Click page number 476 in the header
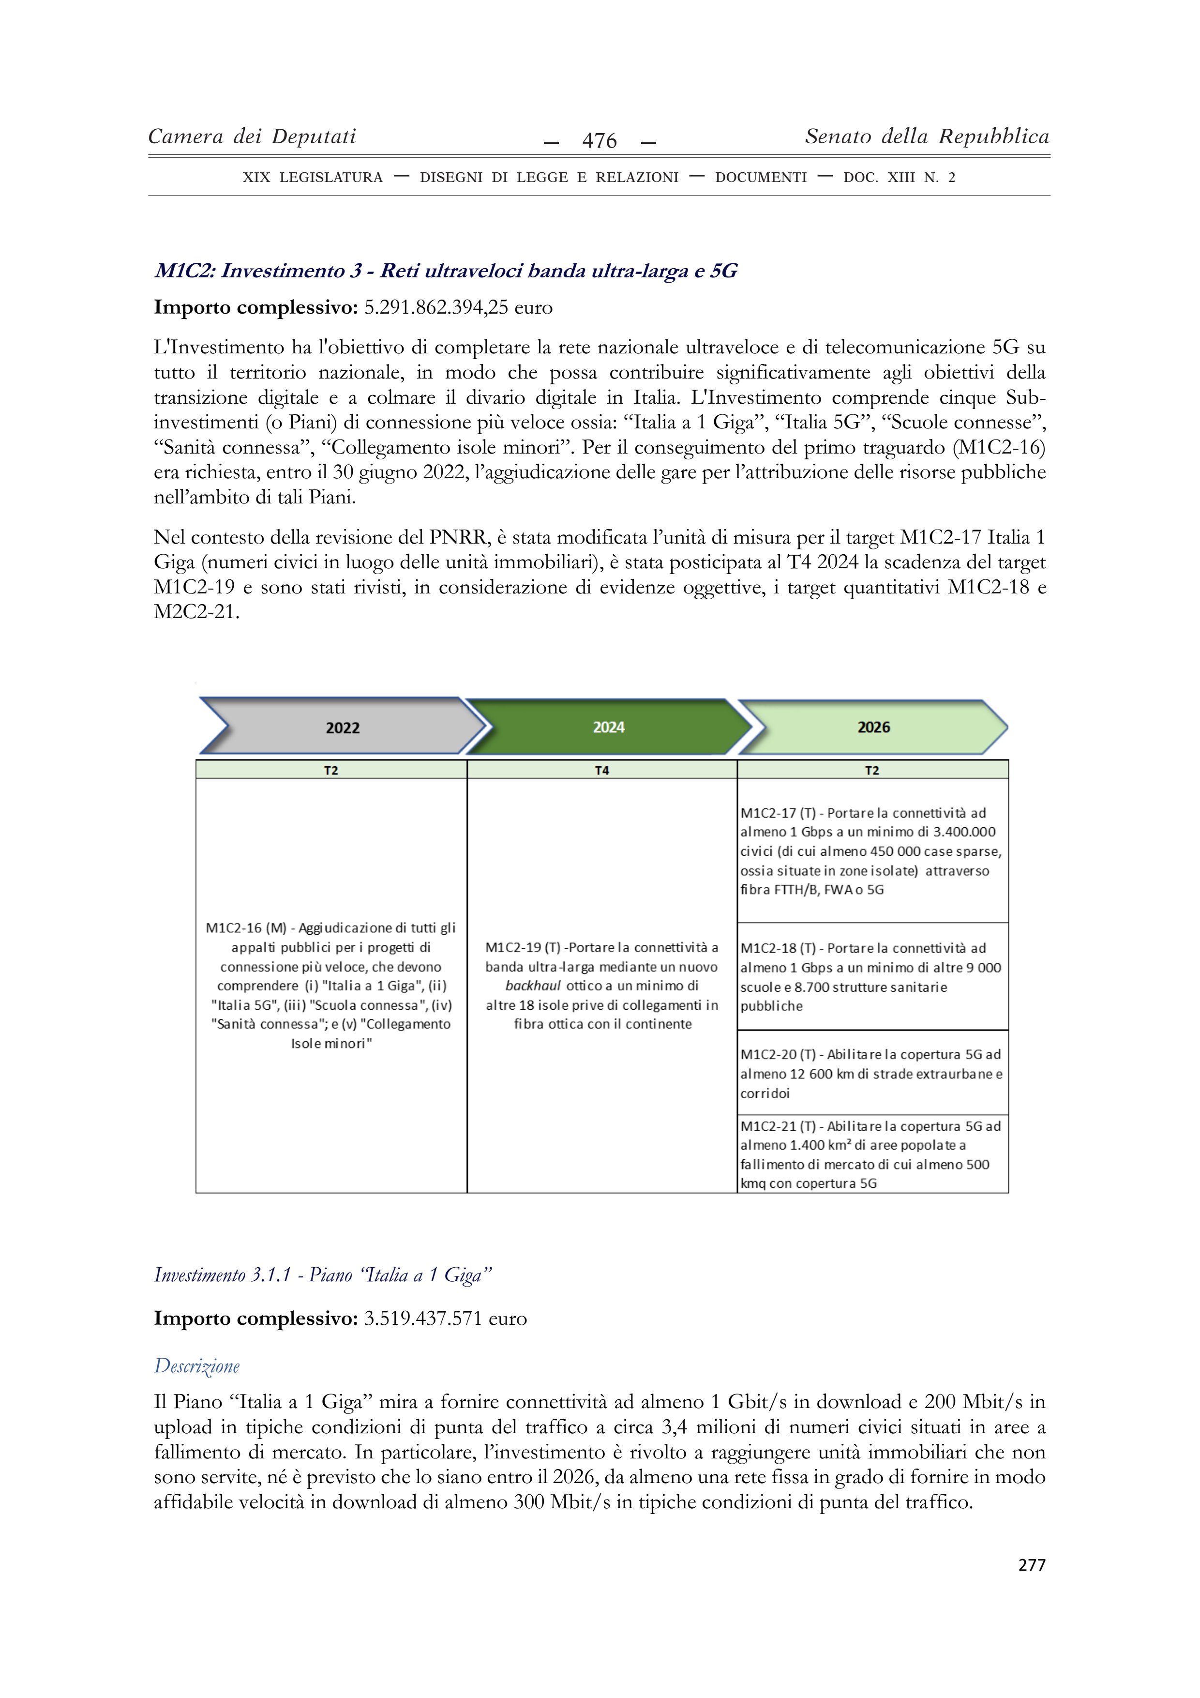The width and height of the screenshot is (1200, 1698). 599,140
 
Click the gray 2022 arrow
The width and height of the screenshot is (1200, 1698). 342,728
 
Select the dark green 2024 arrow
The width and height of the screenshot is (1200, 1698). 609,728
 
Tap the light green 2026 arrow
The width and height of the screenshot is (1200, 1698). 873,728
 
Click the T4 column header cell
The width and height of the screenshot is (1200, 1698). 602,771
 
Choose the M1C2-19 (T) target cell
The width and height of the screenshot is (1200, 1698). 602,985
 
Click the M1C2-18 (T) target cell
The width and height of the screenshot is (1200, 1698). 872,976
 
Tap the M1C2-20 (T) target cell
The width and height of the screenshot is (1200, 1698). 872,1073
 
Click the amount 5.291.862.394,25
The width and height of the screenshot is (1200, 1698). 436,308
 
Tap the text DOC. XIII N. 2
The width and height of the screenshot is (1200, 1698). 899,178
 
